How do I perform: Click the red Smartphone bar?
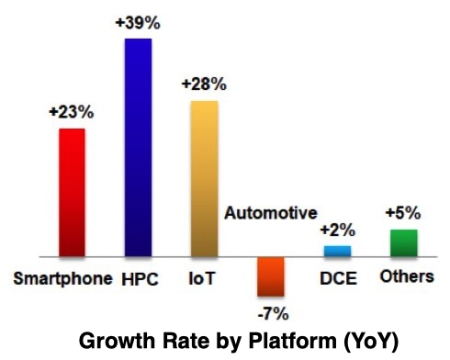72,192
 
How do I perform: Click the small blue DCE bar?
337,251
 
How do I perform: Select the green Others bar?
403,242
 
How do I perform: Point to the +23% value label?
71,114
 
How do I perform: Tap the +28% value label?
204,84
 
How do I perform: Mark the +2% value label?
337,231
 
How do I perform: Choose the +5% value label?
403,214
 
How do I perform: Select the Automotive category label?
271,214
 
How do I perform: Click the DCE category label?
338,277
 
